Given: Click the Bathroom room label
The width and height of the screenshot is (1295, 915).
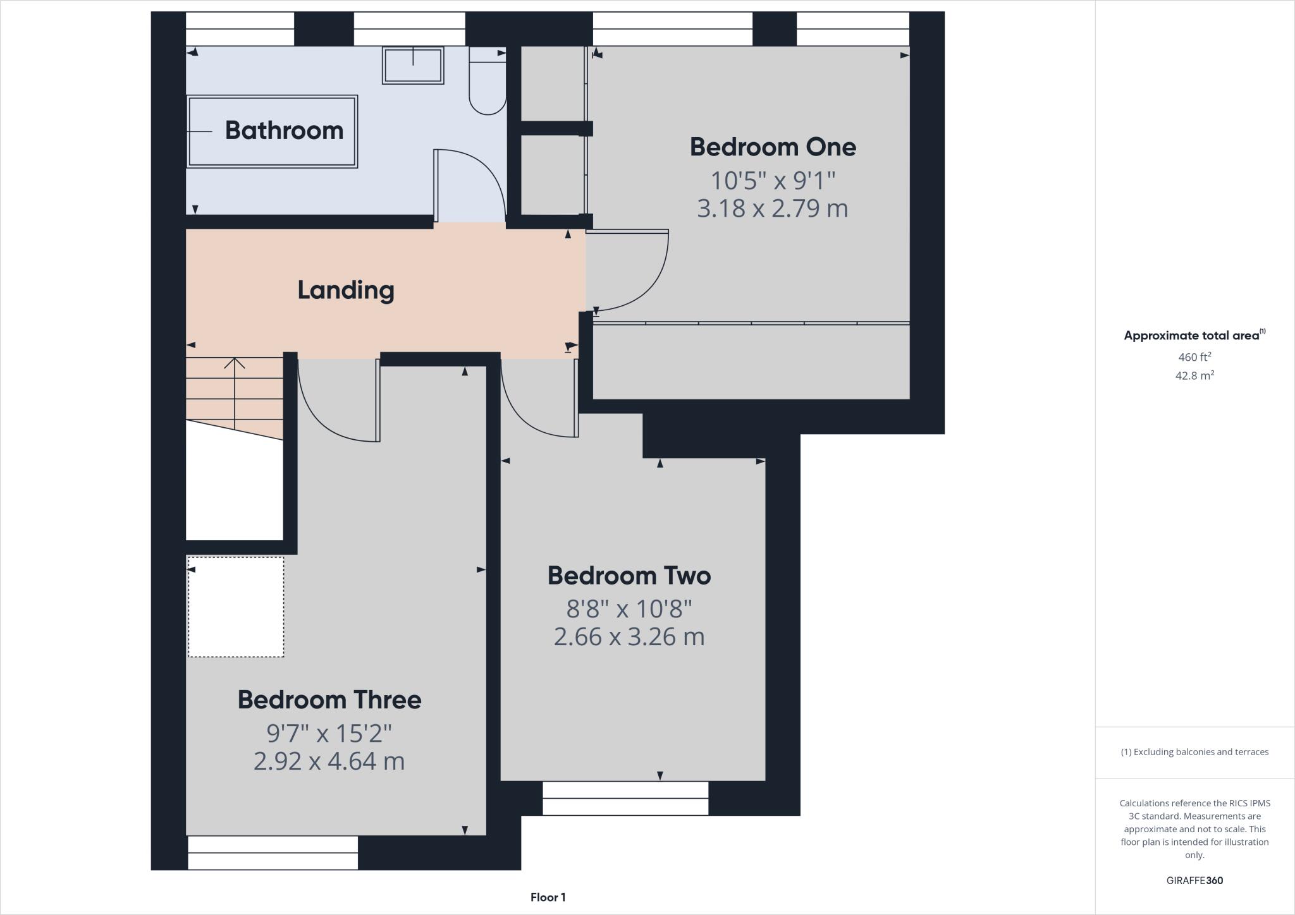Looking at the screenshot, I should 284,130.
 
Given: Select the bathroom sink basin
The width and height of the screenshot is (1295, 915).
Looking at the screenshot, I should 412,66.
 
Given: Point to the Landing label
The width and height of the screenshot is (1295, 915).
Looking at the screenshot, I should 346,290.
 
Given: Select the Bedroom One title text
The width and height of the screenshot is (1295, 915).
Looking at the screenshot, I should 773,147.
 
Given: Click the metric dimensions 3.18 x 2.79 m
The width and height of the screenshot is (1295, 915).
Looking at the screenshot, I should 772,209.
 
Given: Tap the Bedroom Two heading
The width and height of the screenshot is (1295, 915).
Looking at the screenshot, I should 629,576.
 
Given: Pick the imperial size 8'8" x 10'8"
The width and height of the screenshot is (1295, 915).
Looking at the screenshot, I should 629,609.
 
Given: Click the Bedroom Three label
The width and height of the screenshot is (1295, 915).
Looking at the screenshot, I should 329,700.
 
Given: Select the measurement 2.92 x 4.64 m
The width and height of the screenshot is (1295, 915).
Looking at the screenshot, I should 329,761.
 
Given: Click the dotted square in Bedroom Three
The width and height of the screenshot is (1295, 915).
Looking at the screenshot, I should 236,607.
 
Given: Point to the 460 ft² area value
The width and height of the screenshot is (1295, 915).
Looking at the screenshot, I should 1194,357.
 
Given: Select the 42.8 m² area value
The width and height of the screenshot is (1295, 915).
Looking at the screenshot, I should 1194,375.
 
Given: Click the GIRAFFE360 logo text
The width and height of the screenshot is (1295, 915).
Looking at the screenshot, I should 1194,880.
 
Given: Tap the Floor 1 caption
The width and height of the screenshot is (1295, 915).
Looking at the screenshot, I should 548,897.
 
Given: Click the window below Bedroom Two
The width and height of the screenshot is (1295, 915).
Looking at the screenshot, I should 625,798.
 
